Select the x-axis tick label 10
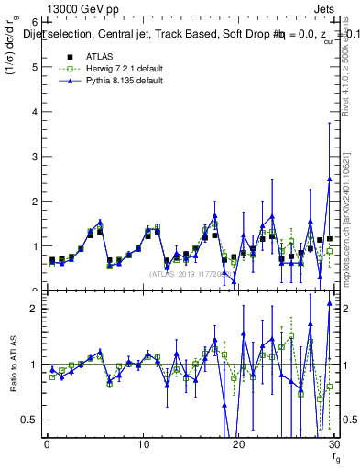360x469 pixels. tap(142, 443)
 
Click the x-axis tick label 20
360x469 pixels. tap(238, 443)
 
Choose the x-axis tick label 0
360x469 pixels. tap(46, 443)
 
